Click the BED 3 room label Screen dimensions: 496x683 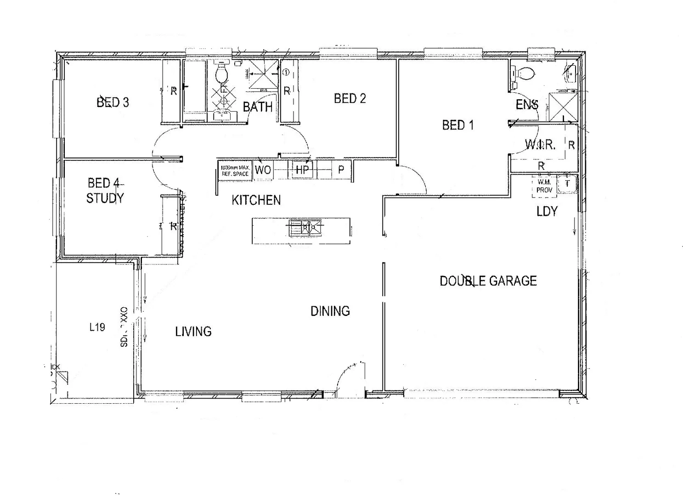(x=113, y=102)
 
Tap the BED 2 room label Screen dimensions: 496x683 (x=350, y=98)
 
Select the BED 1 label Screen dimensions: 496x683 (x=457, y=125)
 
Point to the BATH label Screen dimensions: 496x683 (x=257, y=107)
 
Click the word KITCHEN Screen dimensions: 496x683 (x=256, y=200)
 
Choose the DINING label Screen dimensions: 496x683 (x=330, y=311)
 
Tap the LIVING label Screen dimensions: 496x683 (x=193, y=332)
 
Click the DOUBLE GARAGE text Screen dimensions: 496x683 (x=488, y=281)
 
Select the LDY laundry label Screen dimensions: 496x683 (x=547, y=212)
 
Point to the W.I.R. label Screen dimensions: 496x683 (x=540, y=145)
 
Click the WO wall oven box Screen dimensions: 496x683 (x=263, y=170)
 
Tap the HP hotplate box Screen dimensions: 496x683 (x=302, y=170)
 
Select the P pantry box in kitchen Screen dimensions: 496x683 (x=341, y=170)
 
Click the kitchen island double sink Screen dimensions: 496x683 (x=305, y=227)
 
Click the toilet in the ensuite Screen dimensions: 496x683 (x=525, y=73)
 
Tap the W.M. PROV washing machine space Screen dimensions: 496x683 (x=544, y=186)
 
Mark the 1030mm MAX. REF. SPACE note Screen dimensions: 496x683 (x=235, y=171)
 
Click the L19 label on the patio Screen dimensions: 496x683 (x=97, y=327)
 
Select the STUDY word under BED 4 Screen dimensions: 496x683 (x=105, y=198)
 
